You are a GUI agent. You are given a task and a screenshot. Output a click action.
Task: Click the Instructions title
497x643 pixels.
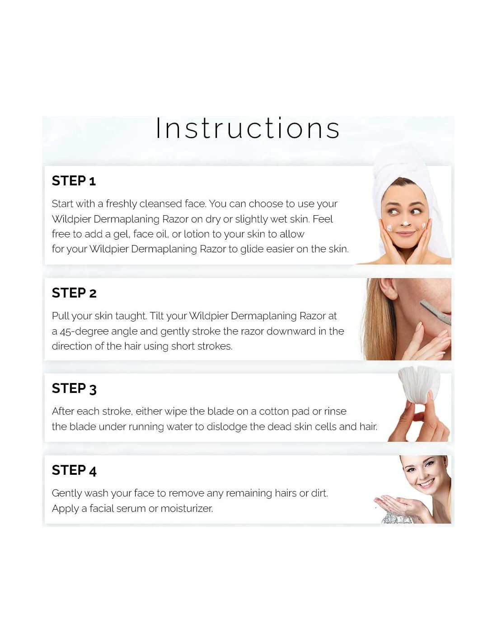[248, 128]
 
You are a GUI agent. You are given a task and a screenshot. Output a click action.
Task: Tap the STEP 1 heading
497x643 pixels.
[74, 180]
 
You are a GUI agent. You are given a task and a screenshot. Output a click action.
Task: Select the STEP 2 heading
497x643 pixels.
[74, 293]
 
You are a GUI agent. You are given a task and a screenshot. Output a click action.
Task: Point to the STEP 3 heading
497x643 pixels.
[74, 388]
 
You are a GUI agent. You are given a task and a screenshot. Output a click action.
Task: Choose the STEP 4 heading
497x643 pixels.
[74, 470]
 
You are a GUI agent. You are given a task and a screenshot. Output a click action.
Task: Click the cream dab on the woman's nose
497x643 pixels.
[405, 223]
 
